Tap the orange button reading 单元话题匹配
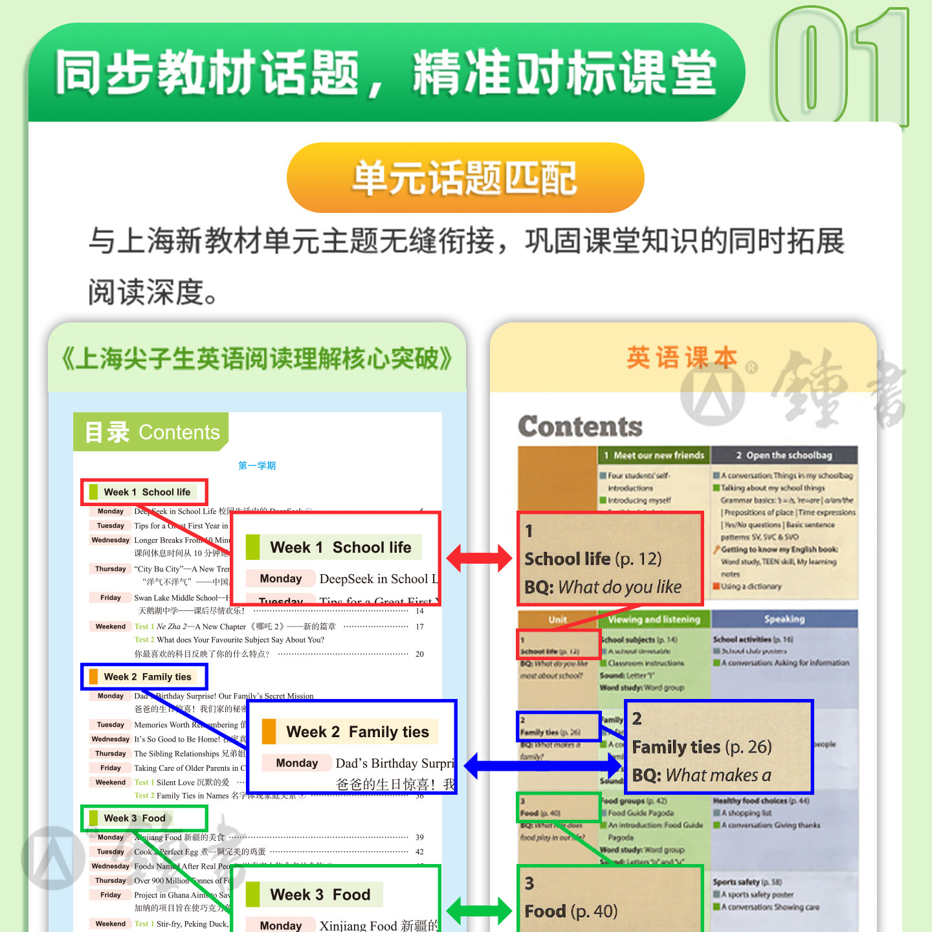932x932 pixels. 465,178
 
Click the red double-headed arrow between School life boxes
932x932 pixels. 479,558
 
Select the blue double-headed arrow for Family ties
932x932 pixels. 542,766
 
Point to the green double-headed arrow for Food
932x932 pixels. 479,911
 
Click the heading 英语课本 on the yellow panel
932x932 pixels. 682,357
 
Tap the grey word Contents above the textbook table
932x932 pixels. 580,427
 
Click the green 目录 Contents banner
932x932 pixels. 151,432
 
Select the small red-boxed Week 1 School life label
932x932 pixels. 144,492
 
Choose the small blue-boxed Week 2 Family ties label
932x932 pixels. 144,676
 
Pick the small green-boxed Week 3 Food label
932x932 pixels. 144,818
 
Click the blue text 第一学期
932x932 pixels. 257,465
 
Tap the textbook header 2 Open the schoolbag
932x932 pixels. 784,455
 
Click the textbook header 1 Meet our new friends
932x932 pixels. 654,455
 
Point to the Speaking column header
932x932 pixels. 784,619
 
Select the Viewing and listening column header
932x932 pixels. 654,619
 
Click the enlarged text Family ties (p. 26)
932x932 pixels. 702,747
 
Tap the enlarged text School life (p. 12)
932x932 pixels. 593,559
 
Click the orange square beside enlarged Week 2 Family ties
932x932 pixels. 269,731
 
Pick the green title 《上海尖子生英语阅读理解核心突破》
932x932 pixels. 257,358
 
